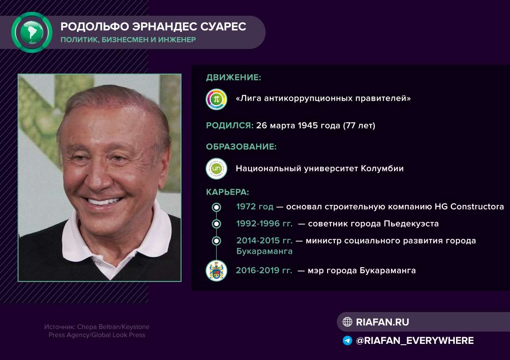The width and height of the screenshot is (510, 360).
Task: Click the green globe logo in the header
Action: point(31,32)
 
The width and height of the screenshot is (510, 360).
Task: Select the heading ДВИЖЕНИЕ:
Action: point(233,77)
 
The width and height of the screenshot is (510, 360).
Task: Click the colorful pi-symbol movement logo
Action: point(216,99)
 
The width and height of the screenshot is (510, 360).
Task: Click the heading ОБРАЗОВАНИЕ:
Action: point(241,147)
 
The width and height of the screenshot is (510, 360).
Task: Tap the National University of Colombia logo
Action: point(216,169)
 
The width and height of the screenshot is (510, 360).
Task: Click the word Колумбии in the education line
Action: point(382,169)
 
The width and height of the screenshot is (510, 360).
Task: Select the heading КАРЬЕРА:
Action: point(227,192)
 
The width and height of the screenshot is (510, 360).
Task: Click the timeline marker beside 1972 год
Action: point(216,207)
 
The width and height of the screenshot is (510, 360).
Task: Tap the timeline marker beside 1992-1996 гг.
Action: point(216,224)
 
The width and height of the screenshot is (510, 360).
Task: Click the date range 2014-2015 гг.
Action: point(264,241)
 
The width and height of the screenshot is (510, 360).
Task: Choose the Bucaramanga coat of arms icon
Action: point(216,271)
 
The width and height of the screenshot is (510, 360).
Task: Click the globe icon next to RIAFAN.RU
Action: point(348,322)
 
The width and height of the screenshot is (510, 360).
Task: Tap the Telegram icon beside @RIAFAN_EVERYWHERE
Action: point(348,341)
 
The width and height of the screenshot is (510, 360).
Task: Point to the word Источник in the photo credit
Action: point(59,327)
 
